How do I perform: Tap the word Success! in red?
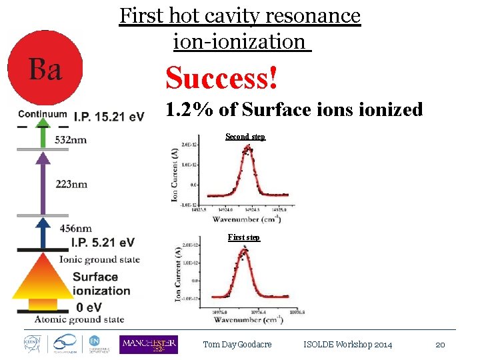tap(222, 78)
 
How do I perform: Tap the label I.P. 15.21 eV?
tap(109, 117)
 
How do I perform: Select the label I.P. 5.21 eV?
tap(100, 242)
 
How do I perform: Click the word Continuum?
tap(43, 114)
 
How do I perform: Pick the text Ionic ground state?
tap(99, 259)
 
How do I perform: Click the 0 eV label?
tap(89, 307)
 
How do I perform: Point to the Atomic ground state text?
tap(79, 319)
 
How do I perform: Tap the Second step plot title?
tap(245, 137)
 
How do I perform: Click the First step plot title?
tap(244, 237)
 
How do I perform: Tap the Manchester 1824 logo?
tap(148, 344)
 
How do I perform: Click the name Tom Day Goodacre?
tap(237, 345)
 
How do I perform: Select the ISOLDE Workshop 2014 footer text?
tap(347, 345)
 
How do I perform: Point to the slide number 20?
tap(440, 345)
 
